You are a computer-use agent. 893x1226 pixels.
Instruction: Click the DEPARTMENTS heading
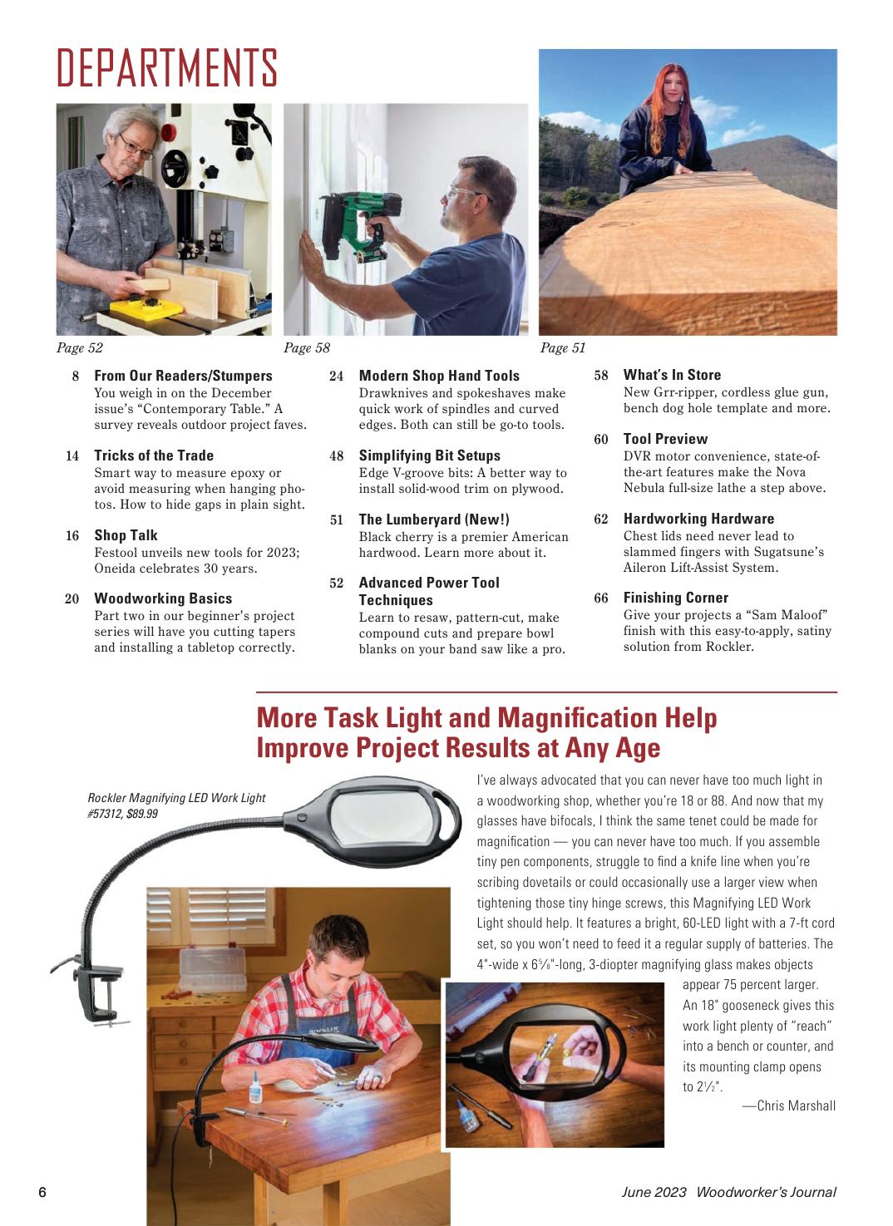tap(166, 68)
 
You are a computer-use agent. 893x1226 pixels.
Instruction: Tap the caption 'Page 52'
tap(79, 347)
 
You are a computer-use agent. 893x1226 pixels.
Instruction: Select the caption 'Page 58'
tap(307, 347)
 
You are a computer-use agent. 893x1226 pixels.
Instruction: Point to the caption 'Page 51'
tap(563, 347)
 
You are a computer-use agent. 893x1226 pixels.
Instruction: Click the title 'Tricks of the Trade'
tap(154, 455)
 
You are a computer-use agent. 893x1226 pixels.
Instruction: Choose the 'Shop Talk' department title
tap(126, 534)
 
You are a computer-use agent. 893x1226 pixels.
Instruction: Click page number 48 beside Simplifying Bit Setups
tap(336, 456)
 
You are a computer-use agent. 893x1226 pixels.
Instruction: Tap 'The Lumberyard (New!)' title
tap(434, 519)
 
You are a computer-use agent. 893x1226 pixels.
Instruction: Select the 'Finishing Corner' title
tap(676, 598)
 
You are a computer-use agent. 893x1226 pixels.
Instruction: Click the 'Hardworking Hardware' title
tap(698, 519)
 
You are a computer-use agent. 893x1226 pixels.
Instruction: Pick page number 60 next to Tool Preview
tap(600, 440)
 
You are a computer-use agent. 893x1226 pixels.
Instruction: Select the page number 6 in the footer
tap(42, 1192)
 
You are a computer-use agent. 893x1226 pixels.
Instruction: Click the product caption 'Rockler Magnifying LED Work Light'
tap(176, 798)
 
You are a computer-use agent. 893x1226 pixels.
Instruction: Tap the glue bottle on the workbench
tap(255, 1086)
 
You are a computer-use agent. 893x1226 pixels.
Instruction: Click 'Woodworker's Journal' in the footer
tap(766, 1192)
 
